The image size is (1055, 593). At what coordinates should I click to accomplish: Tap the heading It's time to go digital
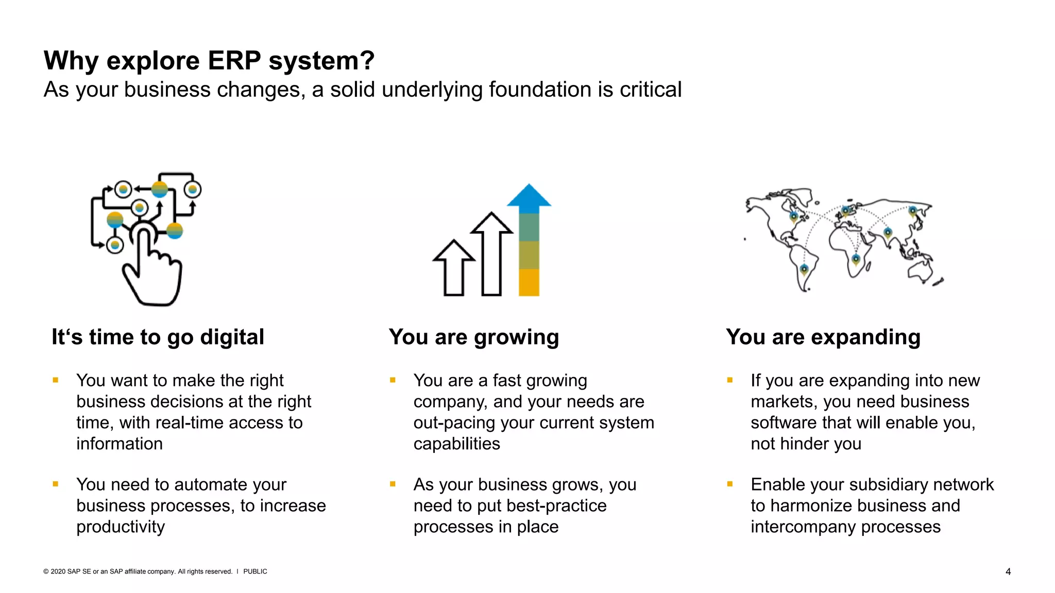click(x=158, y=337)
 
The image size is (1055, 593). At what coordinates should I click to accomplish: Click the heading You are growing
click(x=473, y=337)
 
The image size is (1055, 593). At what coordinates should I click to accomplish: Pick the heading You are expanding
click(x=823, y=337)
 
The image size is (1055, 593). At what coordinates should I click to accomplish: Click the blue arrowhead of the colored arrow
click(x=529, y=196)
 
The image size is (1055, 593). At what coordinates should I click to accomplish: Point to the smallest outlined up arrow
click(x=454, y=267)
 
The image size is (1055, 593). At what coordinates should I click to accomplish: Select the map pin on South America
click(x=804, y=269)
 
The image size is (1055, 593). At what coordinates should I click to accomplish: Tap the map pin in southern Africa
click(x=856, y=258)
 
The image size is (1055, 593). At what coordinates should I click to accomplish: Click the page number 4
click(x=1008, y=571)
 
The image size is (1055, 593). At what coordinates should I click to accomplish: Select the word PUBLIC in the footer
click(x=255, y=571)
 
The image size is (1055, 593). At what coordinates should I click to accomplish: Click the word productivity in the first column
click(x=121, y=527)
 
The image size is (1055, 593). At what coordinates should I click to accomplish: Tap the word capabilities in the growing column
click(x=456, y=444)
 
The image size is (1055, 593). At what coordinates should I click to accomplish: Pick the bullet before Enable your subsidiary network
click(x=730, y=484)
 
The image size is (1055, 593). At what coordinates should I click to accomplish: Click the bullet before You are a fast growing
click(x=393, y=380)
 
